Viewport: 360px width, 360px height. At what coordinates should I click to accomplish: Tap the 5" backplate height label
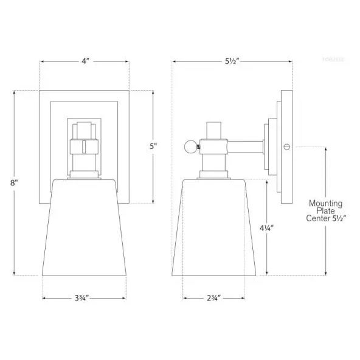tap(154, 146)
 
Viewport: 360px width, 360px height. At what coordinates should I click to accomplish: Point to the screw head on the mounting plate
tap(286, 147)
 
